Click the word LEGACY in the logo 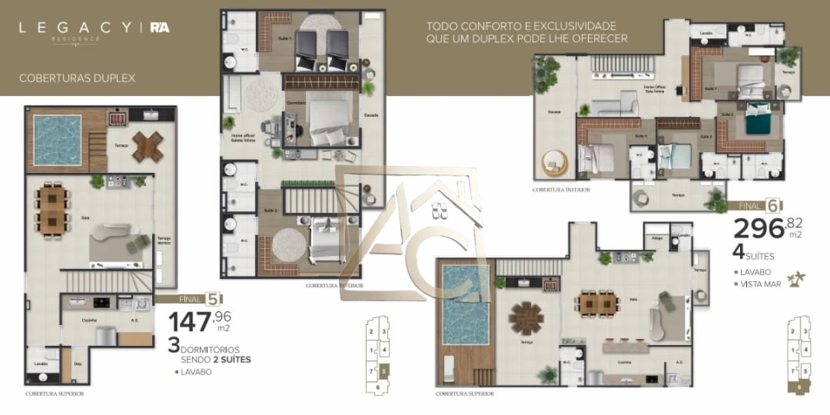(73, 27)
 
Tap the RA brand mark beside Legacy (159, 27)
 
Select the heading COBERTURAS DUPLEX (77, 78)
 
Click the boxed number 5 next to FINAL (210, 300)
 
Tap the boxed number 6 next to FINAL (773, 207)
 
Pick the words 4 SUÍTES (755, 253)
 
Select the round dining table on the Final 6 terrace (526, 317)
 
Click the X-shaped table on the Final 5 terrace (148, 147)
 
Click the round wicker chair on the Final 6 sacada (551, 163)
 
